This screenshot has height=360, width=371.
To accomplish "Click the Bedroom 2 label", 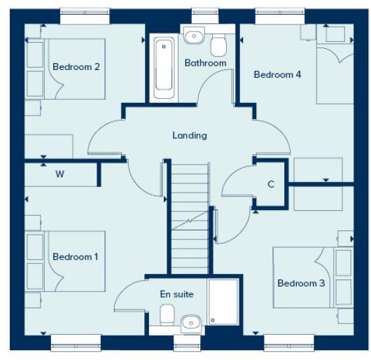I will coord(76,67).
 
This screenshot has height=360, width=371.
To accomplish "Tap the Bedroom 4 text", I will coord(277,74).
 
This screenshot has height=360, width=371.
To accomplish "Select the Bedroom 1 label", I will coord(76,257).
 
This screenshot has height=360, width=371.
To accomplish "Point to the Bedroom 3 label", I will coord(301,283).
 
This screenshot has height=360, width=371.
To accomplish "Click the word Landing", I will coord(190,135).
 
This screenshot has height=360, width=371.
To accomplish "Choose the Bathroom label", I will coord(205,63).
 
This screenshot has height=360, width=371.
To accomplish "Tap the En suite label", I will coord(176,294).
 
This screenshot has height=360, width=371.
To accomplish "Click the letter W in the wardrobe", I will coord(59,174).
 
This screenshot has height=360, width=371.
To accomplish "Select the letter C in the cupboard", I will coord(270,185).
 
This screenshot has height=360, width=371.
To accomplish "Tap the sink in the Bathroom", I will coord(193,36).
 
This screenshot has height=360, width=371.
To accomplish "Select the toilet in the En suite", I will coord(167,314).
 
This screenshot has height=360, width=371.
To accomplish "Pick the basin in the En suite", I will coord(190,323).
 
